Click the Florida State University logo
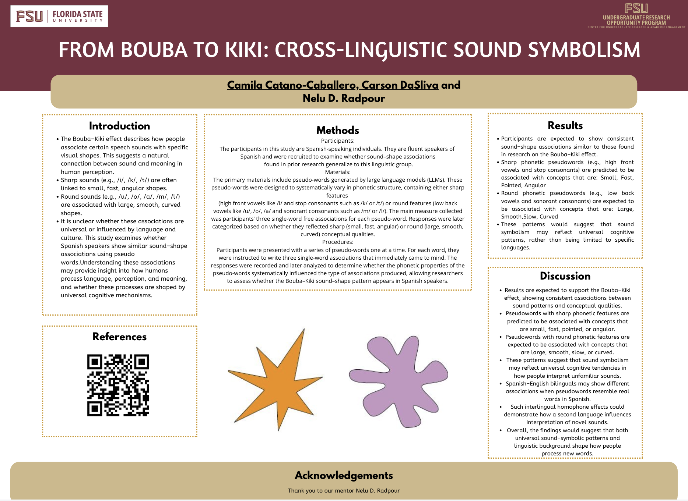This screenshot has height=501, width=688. pos(59,16)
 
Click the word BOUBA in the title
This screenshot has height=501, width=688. pos(154,50)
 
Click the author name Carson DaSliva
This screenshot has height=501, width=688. pos(400,85)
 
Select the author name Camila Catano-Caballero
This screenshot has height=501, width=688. pos(293,85)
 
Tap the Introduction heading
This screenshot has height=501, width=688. pos(119,126)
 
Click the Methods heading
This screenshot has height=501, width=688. pos(337,130)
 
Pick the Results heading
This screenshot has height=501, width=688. pos(565,125)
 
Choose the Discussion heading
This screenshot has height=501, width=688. pos(565,276)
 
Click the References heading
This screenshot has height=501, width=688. pos(119,337)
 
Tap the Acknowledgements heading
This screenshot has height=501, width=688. pos(344,475)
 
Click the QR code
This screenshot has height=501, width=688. pos(118,385)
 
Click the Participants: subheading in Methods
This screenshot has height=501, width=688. pos(337,141)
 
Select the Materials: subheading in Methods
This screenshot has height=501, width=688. pos(337,172)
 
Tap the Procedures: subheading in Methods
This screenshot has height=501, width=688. pos(337,242)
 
